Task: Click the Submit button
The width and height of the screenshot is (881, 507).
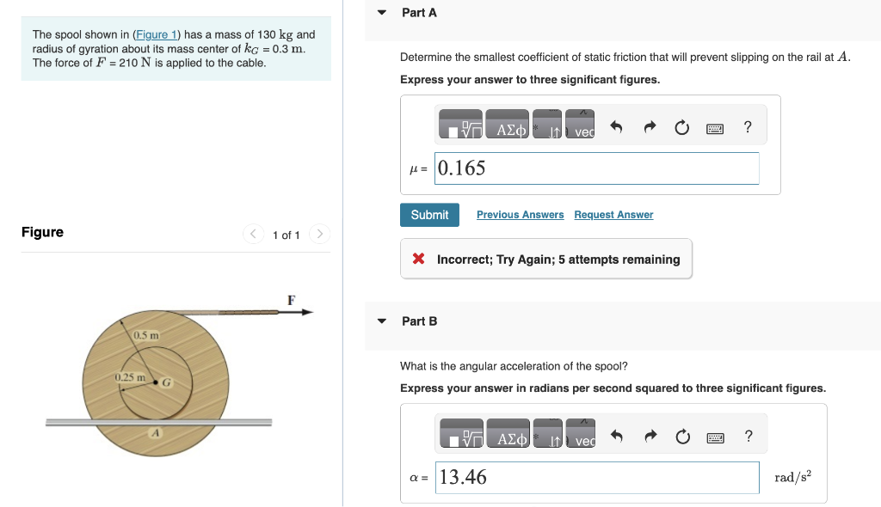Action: click(x=429, y=215)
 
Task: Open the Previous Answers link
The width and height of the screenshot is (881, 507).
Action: click(x=520, y=215)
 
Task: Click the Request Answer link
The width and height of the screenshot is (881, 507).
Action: click(x=613, y=215)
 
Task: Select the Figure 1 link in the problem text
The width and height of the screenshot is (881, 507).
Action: click(x=156, y=34)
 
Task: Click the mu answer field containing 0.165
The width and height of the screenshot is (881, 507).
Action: click(x=596, y=168)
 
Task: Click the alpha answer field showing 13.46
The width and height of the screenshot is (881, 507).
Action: click(x=596, y=478)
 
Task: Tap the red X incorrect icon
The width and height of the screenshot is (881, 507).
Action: click(x=418, y=260)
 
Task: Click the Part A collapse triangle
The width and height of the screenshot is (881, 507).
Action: click(x=382, y=13)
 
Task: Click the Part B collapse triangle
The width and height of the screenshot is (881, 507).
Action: click(x=382, y=321)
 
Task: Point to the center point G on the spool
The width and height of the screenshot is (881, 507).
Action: click(x=156, y=382)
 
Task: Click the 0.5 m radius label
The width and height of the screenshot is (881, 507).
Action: click(x=146, y=334)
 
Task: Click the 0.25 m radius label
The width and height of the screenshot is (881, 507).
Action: click(x=130, y=377)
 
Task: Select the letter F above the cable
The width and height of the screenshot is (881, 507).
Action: click(x=291, y=299)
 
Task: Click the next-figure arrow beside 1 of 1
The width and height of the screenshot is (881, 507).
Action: click(x=318, y=234)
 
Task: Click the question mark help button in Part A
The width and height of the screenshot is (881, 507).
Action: click(x=748, y=127)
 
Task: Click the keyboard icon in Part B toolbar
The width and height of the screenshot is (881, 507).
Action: click(x=715, y=437)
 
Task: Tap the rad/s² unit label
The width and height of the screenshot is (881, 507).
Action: click(x=792, y=477)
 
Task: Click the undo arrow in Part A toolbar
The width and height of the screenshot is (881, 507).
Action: click(x=616, y=127)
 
